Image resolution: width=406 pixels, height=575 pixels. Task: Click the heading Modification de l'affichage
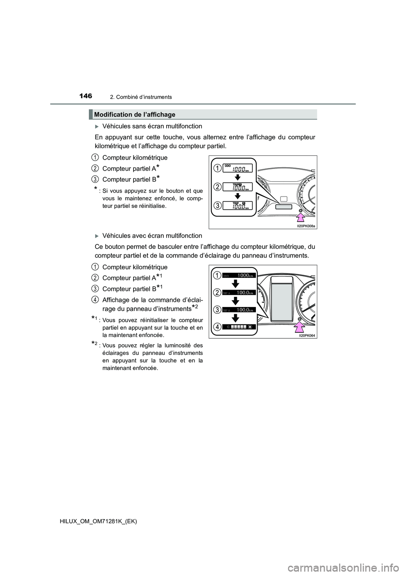134,114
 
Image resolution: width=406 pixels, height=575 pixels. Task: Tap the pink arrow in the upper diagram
301,217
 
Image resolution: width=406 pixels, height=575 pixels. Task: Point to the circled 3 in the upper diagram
217,205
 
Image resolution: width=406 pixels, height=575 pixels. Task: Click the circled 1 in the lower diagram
217,276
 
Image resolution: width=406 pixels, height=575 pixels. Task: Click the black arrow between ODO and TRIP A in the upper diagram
238,177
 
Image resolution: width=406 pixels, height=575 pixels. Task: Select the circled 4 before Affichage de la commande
95,299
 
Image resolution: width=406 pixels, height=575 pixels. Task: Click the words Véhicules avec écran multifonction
152,235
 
